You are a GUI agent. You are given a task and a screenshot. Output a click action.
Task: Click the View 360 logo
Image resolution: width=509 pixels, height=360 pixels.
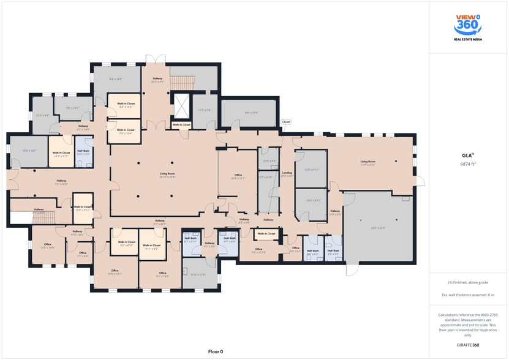coord(467,28)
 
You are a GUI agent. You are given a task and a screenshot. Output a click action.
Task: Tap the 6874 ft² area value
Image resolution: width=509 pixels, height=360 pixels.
coord(468,164)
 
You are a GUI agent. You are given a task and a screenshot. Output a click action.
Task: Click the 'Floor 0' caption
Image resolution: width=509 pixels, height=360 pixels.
coord(216,351)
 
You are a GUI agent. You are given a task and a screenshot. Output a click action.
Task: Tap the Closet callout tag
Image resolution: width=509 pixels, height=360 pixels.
coord(285,122)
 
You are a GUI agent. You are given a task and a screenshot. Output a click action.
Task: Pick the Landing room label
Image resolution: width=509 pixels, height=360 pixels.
coord(287,174)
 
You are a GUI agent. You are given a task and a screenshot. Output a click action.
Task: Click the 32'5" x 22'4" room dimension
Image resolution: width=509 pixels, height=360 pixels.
coord(377,228)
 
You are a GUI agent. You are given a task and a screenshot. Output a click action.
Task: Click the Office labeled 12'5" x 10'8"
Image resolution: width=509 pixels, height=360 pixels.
coord(47,246)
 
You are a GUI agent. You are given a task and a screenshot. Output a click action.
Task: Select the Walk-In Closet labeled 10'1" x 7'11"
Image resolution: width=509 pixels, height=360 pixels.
coord(61,154)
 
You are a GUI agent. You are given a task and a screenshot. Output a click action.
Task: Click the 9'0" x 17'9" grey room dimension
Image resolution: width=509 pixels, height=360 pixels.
coord(251,112)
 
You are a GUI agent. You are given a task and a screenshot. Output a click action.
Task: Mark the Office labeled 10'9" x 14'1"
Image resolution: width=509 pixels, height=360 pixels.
coord(115,272)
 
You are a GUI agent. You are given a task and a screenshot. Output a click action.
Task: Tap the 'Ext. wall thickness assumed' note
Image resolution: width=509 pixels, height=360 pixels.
coord(467,295)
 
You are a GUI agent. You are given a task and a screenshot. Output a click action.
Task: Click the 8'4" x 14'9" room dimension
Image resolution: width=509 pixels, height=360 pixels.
coord(116,79)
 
